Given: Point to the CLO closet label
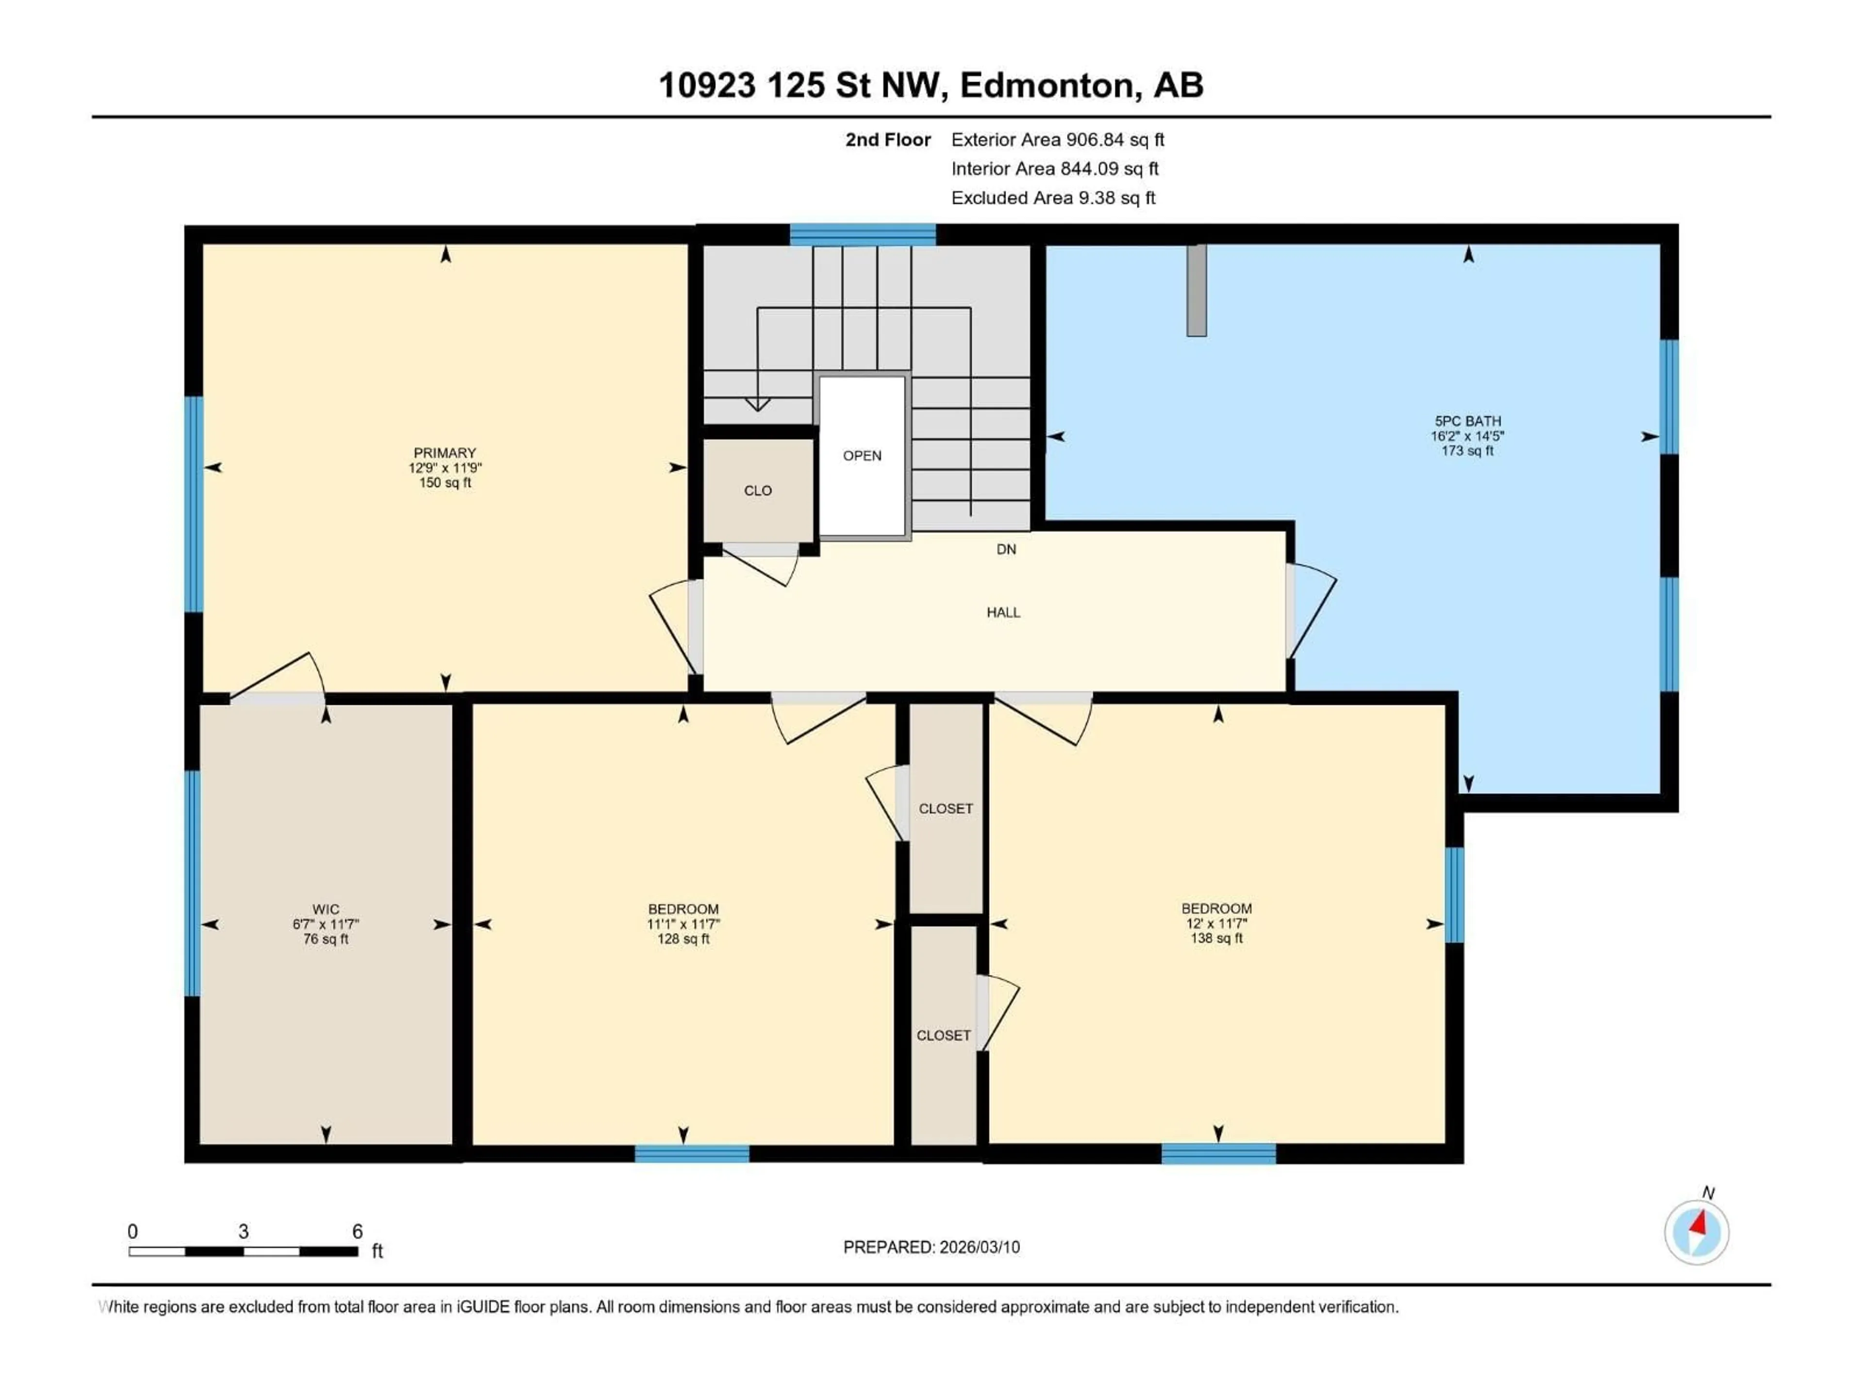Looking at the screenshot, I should (758, 490).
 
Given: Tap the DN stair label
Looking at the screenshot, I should (1006, 549).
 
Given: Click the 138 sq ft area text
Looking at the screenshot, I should (1216, 938).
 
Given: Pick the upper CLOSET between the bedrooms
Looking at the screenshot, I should (946, 808).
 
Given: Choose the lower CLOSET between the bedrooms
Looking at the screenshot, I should (943, 1035).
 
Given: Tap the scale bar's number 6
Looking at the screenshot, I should (357, 1231).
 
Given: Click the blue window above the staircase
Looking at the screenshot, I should (862, 234).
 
